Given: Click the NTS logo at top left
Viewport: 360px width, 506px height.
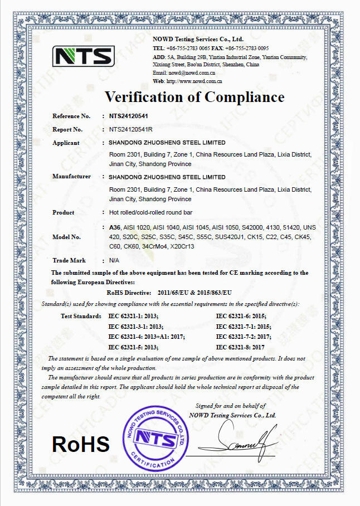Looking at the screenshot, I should coord(84,56).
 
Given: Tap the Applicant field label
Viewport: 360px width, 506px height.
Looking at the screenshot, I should coord(66,143).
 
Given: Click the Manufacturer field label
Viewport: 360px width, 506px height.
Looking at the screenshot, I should coord(71,177).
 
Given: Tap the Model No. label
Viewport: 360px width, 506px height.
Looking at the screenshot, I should coord(66,237).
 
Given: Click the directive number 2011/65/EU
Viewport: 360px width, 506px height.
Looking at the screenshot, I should coord(176,293).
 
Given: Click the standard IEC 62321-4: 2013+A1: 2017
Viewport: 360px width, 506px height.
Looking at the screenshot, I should coord(146,337).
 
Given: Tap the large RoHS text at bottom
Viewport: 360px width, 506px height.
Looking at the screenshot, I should coord(81,444).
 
